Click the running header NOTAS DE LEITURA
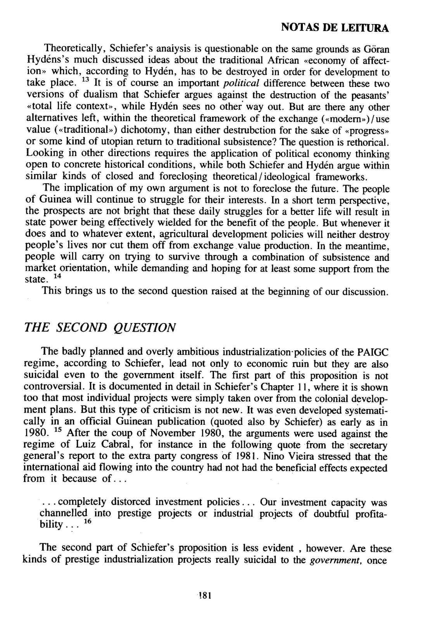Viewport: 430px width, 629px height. click(334, 28)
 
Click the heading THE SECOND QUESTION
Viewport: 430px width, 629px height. click(100, 327)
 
